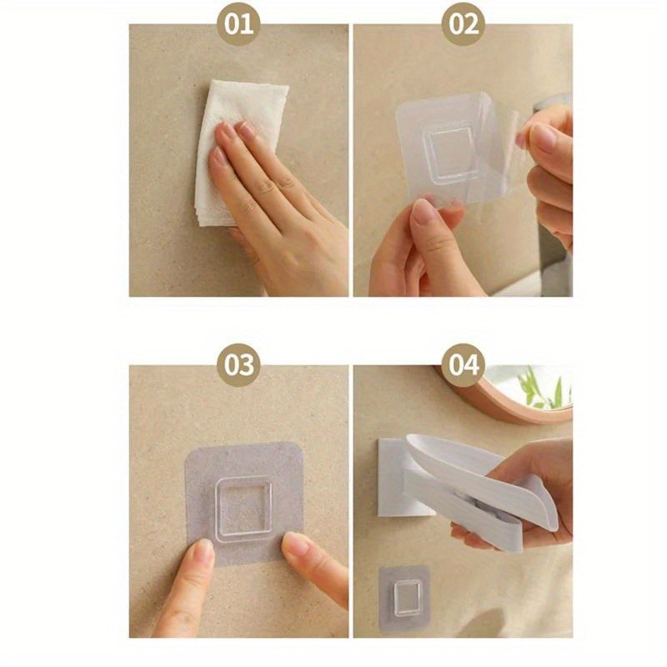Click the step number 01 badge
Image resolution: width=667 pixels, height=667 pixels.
(238, 24)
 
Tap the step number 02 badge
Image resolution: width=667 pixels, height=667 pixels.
(464, 24)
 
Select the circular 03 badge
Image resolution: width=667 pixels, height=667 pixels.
(238, 365)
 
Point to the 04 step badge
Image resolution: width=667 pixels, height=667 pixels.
(464, 365)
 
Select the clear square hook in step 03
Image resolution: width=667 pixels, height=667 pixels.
(243, 508)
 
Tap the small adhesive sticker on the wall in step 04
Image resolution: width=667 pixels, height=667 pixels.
(404, 598)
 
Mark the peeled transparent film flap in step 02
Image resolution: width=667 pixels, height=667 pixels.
(506, 140)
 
